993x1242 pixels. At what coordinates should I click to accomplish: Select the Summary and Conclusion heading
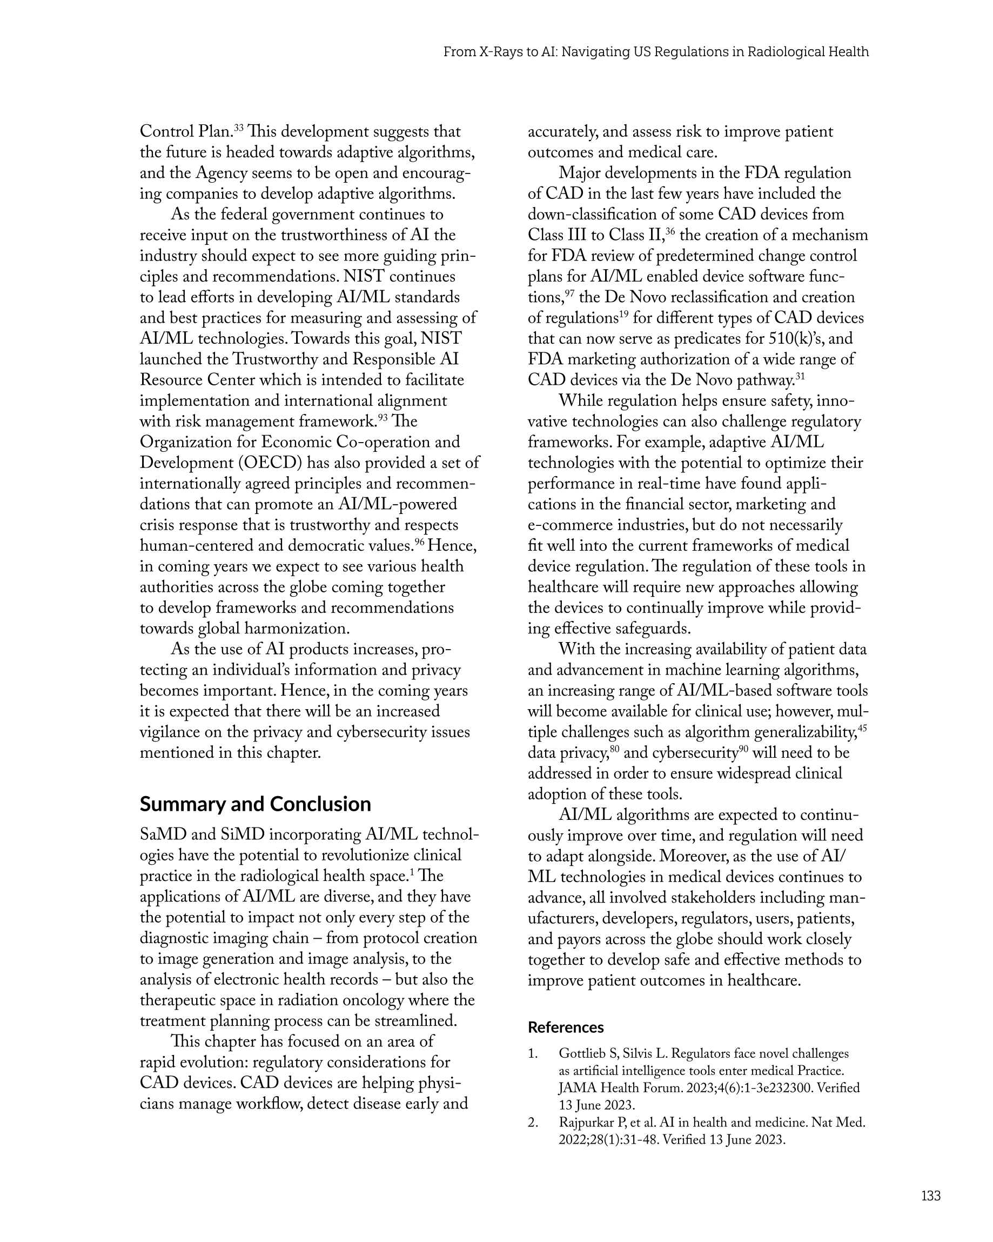255,804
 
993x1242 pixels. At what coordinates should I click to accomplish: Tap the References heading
566,1027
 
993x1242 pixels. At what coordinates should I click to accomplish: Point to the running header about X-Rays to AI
655,52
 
